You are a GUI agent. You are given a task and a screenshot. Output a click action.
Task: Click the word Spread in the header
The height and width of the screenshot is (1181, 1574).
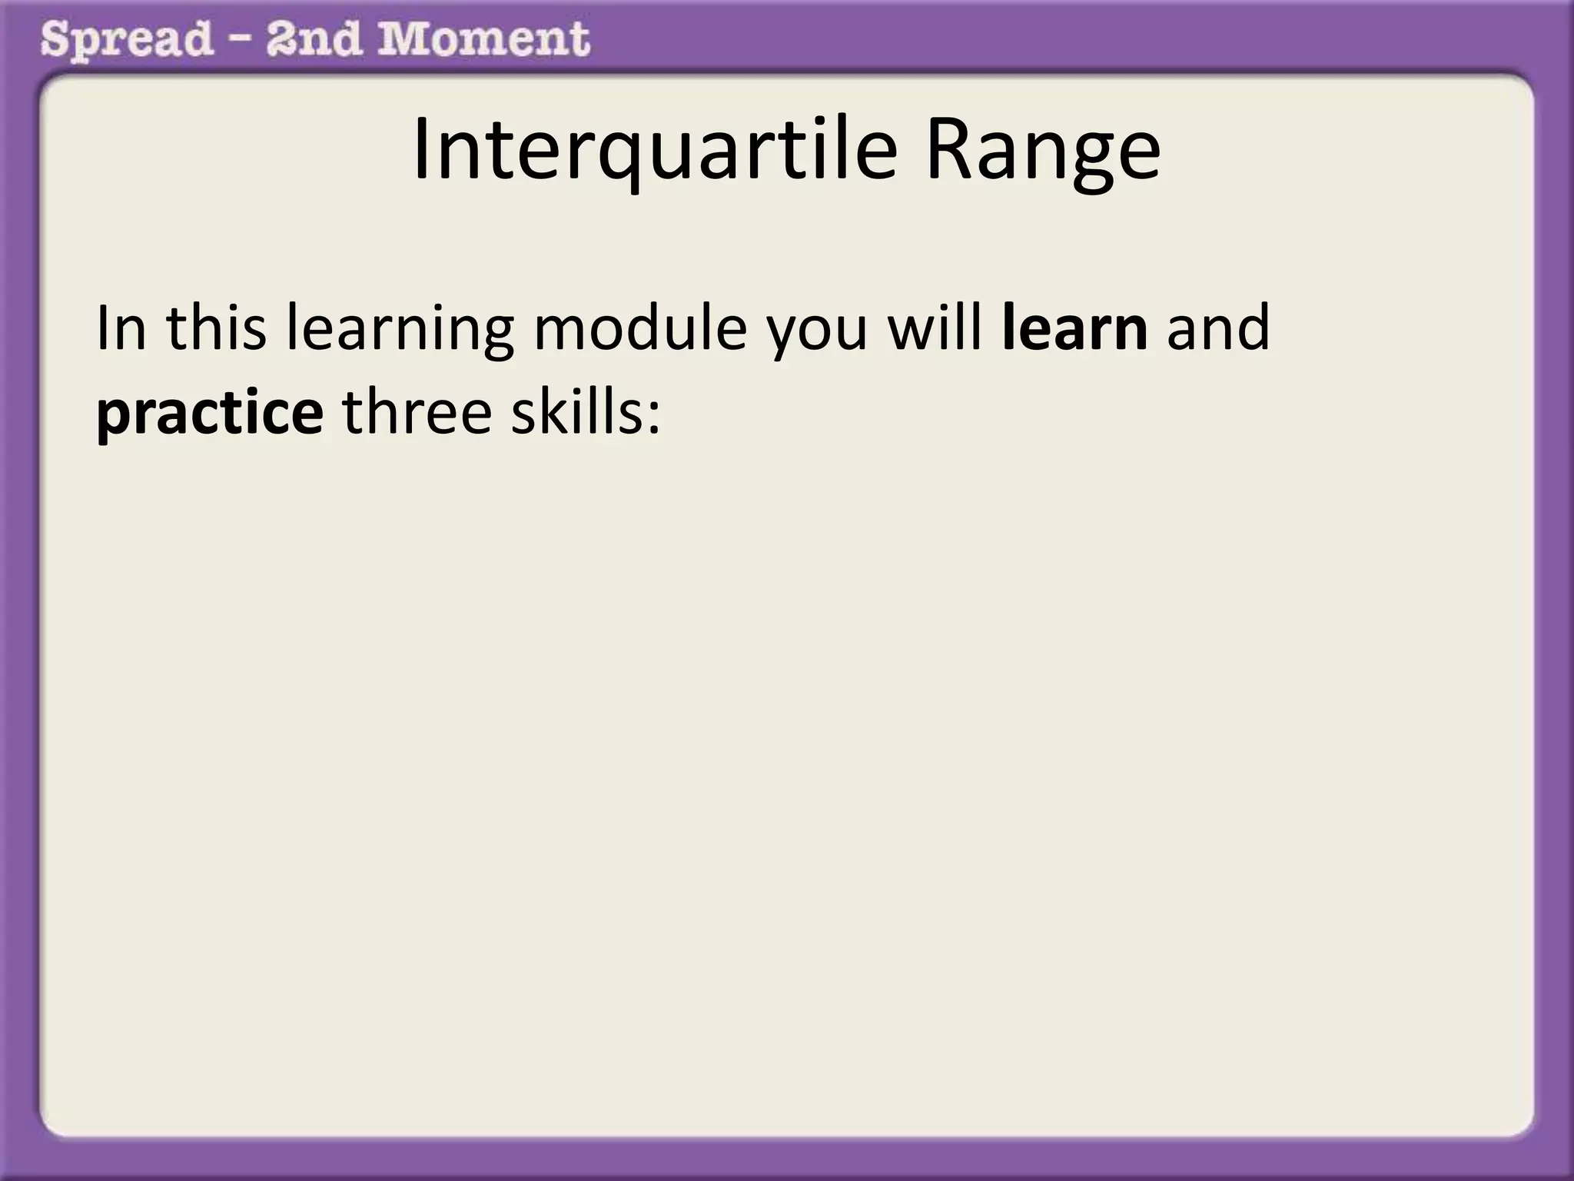126,40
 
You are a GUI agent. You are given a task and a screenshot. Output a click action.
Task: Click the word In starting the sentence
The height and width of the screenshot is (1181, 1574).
121,328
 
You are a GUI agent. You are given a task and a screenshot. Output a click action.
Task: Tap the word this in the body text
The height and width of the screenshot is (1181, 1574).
216,328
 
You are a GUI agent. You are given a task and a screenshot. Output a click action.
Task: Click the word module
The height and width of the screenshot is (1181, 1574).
639,328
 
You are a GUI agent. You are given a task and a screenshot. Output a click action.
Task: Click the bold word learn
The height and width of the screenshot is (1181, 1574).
1075,328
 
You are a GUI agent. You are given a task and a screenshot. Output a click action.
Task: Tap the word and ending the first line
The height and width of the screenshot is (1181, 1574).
1218,328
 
